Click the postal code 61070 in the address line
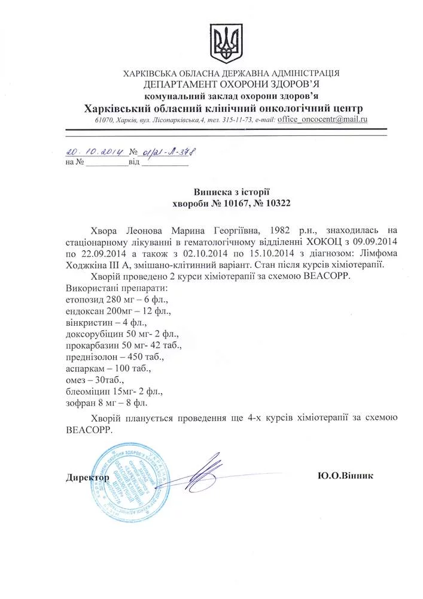(x=105, y=120)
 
